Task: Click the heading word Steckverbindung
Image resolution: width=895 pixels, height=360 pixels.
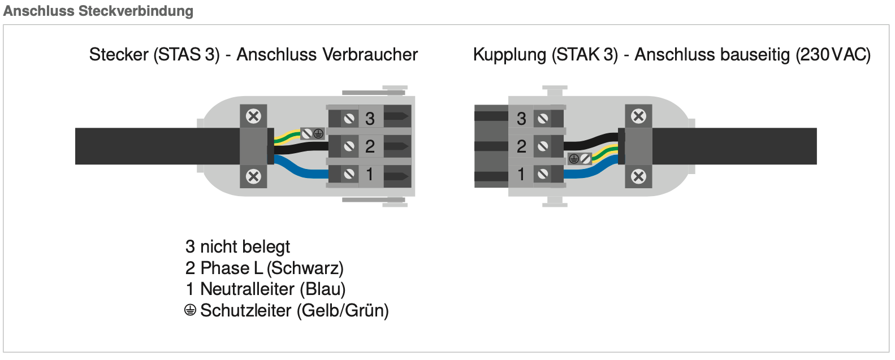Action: click(136, 11)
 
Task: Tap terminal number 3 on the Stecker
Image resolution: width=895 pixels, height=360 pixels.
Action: click(370, 119)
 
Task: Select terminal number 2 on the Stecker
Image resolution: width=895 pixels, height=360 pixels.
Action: click(370, 146)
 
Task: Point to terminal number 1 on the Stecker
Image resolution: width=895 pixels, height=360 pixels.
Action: click(370, 174)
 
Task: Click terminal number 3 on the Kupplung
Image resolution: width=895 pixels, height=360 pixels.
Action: click(521, 119)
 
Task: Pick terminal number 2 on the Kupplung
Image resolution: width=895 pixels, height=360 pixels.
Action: click(521, 146)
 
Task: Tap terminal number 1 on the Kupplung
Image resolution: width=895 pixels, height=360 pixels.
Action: click(521, 174)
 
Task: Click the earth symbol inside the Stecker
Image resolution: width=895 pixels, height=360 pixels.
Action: click(318, 134)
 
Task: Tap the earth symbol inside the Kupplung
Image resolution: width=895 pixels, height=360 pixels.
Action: click(574, 159)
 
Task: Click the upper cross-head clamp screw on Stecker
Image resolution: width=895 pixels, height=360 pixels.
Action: click(253, 116)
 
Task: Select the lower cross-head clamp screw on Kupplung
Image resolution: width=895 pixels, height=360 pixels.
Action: click(638, 176)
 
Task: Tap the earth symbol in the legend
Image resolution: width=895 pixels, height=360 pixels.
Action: click(190, 310)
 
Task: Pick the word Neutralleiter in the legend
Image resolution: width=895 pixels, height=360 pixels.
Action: click(247, 289)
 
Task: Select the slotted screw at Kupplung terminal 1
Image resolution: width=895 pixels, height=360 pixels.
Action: click(543, 174)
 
